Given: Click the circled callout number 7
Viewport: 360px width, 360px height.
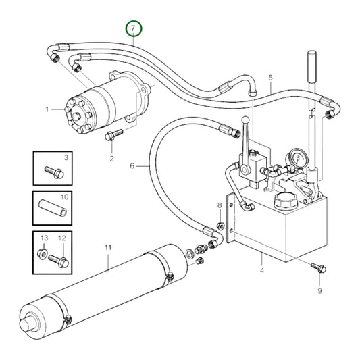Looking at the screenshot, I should [134, 29].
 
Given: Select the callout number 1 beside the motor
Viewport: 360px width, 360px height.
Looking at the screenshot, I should [48, 109].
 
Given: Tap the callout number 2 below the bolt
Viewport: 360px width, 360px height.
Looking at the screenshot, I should [112, 159].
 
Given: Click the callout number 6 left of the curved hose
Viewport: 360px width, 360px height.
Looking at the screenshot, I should [133, 164].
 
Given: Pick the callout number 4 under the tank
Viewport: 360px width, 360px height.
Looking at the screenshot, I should [261, 272].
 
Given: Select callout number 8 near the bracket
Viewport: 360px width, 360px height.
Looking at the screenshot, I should [219, 205].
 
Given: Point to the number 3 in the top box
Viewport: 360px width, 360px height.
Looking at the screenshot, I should [66, 158].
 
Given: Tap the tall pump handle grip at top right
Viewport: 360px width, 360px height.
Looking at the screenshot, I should [312, 63].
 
